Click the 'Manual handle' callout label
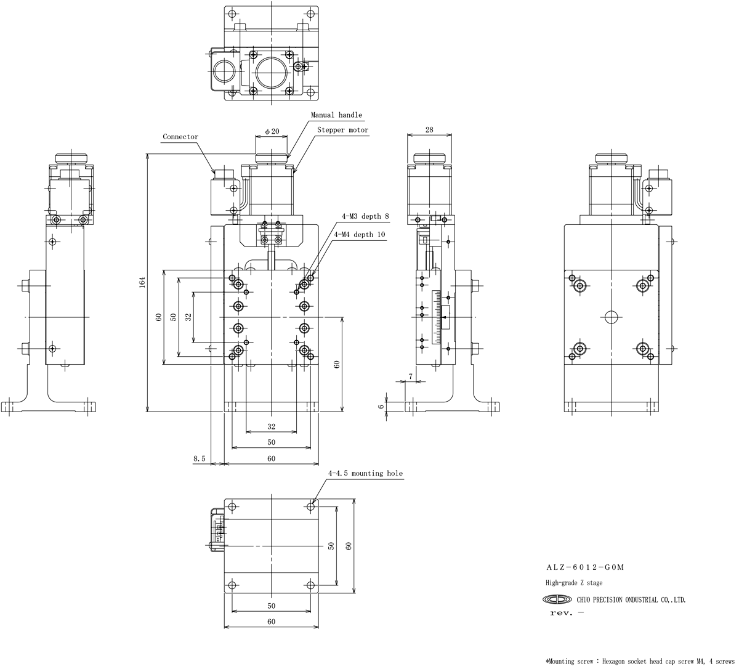[x=336, y=115]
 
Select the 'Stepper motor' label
[x=342, y=130]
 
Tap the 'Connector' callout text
[x=180, y=137]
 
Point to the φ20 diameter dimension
[x=272, y=131]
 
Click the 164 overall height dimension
[x=142, y=282]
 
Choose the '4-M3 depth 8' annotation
[x=365, y=216]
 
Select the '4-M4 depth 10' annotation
[x=360, y=234]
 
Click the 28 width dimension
[x=429, y=130]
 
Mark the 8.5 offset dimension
[x=200, y=458]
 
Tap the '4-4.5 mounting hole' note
[x=365, y=473]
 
